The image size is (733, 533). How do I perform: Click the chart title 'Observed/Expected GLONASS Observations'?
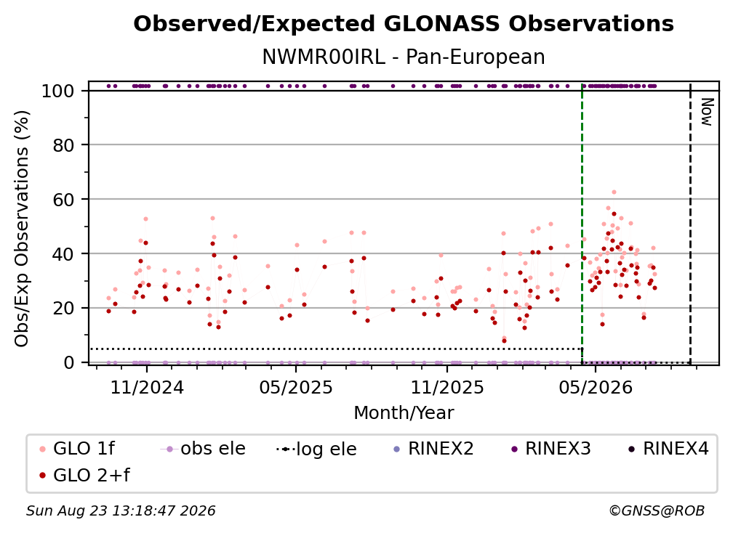coord(404,24)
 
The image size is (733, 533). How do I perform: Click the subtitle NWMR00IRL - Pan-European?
coord(404,57)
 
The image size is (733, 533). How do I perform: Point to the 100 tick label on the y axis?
coord(58,91)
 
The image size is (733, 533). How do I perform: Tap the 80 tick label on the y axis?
coord(63,145)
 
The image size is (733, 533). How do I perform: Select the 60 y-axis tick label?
coord(63,200)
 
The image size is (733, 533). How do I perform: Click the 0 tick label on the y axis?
coord(69,362)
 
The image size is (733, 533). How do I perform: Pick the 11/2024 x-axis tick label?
coord(147,387)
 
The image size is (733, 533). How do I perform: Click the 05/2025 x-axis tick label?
coord(296,387)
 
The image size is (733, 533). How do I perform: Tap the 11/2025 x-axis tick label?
coord(447,387)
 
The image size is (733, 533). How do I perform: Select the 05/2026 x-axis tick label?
coord(595,387)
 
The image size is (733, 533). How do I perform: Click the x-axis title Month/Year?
coord(404,413)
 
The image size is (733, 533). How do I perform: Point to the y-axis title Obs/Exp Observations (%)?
coord(22,228)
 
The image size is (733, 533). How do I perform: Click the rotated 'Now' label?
coord(706,112)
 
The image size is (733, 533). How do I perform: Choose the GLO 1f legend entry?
coord(77,449)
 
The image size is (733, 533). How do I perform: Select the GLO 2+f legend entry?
coord(84,475)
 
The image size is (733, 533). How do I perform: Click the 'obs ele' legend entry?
coord(203,449)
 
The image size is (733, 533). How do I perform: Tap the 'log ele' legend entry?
coord(316,449)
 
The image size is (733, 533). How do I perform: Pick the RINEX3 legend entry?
coord(551,449)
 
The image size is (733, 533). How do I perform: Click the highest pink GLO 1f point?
coord(614,192)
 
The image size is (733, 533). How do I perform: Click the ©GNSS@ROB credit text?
coord(657,511)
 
